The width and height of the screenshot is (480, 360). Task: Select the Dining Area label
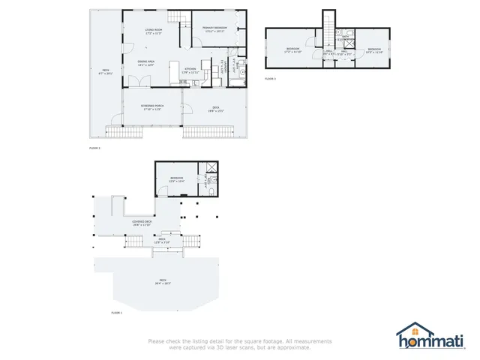pyautogui.click(x=146, y=64)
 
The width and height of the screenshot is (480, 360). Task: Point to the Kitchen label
pyautogui.click(x=190, y=70)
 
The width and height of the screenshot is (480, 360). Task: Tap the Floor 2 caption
pyautogui.click(x=94, y=149)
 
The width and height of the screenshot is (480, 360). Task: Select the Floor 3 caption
pyautogui.click(x=271, y=78)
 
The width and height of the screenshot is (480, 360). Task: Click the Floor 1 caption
pyautogui.click(x=116, y=312)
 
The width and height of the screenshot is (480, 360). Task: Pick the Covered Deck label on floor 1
pyautogui.click(x=142, y=223)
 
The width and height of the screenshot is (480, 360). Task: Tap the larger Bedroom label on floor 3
pyautogui.click(x=293, y=51)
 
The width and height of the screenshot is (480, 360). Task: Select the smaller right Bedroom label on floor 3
pyautogui.click(x=374, y=51)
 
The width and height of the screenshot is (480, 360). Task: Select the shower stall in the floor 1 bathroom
pyautogui.click(x=212, y=168)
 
